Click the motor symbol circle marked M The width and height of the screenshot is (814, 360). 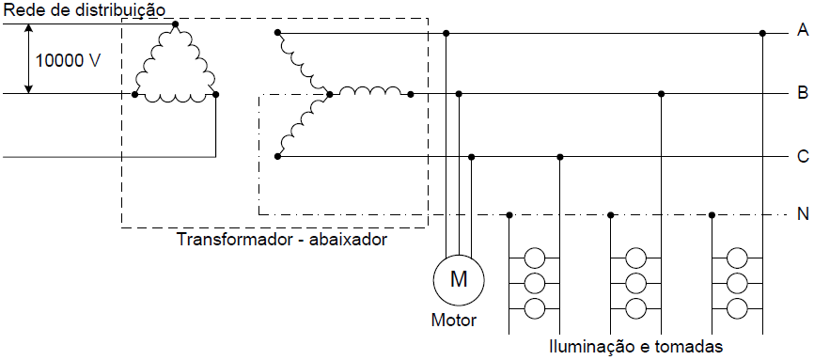click(x=458, y=278)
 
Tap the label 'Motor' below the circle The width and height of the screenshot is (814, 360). click(x=454, y=321)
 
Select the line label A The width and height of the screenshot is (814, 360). click(x=802, y=31)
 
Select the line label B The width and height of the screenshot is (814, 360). click(x=802, y=93)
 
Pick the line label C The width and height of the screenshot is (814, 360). click(x=802, y=156)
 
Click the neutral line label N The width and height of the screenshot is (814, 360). click(x=802, y=214)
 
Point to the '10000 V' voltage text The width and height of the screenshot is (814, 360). click(x=68, y=61)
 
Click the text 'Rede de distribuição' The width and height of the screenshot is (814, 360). click(x=85, y=10)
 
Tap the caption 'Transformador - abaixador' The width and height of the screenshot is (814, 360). click(x=281, y=240)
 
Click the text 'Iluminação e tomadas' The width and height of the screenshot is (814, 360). click(x=634, y=347)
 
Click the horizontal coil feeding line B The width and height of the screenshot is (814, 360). click(x=368, y=92)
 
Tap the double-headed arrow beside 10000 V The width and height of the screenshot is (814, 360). click(x=29, y=58)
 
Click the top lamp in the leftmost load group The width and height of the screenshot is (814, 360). click(x=534, y=257)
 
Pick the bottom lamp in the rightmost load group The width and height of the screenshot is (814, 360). click(x=738, y=308)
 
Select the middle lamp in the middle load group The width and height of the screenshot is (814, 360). click(x=636, y=283)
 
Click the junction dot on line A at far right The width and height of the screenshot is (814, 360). click(x=762, y=33)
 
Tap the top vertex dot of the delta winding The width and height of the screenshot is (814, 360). click(x=176, y=24)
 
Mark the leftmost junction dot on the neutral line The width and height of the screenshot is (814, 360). click(x=509, y=215)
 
